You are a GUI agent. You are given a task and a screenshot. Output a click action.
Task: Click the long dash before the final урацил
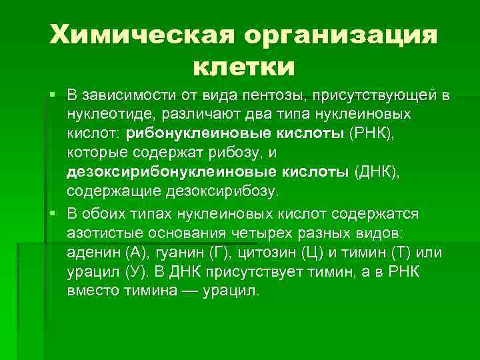tap(191, 291)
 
